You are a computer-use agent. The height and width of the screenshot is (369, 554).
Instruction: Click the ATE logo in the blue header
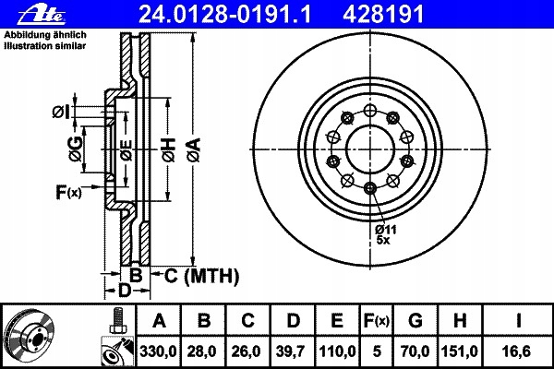coord(42,15)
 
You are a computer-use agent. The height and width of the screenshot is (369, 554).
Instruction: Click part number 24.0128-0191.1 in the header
coord(225,15)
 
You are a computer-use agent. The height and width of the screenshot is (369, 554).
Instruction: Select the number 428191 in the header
coord(382,15)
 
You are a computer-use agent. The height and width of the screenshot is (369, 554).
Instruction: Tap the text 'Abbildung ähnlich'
coord(45,35)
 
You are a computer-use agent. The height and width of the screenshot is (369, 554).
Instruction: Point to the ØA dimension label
coord(194,150)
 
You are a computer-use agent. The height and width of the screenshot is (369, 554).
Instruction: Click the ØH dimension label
coord(169,150)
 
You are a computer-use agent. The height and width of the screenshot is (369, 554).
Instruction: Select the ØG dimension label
coord(76,149)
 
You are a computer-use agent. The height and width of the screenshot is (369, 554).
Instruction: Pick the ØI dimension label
coord(60,112)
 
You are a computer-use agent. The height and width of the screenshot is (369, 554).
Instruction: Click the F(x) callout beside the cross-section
coord(68,192)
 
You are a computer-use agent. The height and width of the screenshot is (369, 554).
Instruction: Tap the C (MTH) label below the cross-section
coord(201,276)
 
